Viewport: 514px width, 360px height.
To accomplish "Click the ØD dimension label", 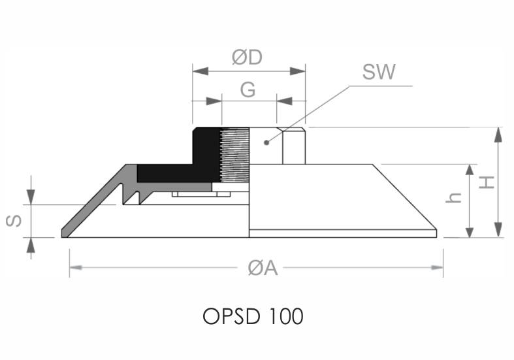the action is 247,57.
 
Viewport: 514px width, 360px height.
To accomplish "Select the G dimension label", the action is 248,90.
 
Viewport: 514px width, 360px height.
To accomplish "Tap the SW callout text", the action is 379,72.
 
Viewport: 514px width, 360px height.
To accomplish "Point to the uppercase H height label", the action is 487,182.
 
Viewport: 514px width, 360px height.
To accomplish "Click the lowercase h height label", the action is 454,197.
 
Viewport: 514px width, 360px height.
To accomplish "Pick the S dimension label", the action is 14,221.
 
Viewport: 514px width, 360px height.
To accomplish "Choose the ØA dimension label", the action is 263,268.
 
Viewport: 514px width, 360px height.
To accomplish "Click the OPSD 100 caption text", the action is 253,316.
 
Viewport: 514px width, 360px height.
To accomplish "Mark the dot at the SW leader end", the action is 266,142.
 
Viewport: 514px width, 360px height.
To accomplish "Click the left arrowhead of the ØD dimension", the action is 201,71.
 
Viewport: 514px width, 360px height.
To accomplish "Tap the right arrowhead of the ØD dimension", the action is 298,71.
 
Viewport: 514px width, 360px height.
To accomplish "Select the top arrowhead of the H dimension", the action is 498,135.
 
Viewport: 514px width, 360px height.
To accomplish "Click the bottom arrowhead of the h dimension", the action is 470,230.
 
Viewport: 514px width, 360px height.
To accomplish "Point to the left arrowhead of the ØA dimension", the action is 76,267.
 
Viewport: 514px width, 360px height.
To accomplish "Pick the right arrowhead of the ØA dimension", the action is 437,267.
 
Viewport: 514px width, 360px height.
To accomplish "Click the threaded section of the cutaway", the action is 234,155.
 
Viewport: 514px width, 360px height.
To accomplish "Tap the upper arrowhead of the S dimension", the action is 31,197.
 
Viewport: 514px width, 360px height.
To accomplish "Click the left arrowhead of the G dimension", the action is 214,101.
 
